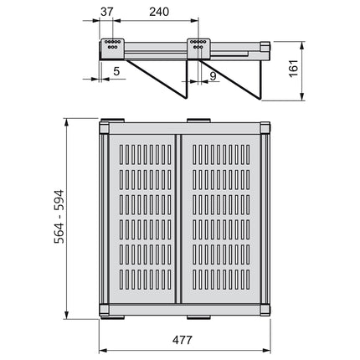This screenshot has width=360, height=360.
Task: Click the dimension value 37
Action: (x=107, y=12)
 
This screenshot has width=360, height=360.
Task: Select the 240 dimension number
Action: (x=159, y=12)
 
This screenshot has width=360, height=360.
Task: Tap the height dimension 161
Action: (x=294, y=68)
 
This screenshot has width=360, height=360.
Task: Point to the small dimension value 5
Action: (x=116, y=71)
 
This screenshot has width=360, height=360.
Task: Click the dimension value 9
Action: (x=213, y=76)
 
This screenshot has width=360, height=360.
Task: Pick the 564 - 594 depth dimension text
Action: (x=59, y=217)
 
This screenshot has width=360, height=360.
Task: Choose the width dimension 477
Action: (x=183, y=340)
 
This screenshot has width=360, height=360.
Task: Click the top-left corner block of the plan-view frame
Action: (x=105, y=128)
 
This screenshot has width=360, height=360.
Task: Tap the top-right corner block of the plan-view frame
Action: (x=265, y=128)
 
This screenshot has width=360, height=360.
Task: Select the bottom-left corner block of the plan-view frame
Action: (x=105, y=310)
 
